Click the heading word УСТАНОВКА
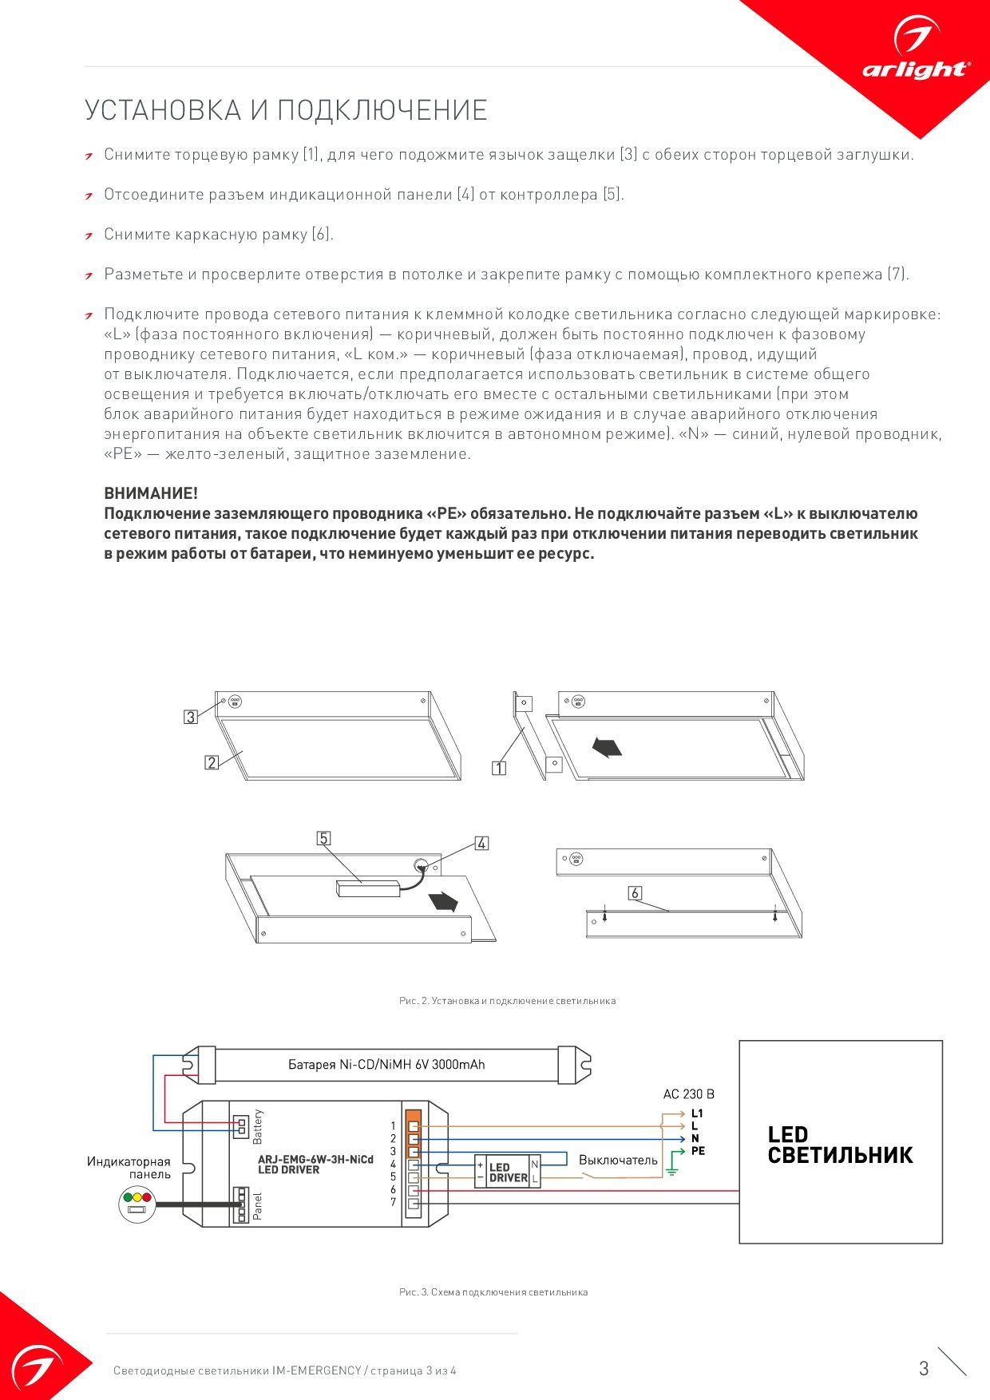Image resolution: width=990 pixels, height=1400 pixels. point(163,110)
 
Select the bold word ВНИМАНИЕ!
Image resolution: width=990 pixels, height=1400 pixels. point(151,493)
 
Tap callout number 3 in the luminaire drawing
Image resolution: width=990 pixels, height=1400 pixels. point(190,717)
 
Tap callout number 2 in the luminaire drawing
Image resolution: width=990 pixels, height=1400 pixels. point(212,762)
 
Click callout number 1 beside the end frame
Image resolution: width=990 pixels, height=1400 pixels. point(499,768)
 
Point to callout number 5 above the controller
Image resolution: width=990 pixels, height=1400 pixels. point(323,838)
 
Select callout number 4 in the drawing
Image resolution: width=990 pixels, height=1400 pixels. point(481,843)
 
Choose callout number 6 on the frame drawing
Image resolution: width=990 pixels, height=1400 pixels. point(635,893)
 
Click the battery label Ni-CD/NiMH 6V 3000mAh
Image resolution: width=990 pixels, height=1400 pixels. point(386,1065)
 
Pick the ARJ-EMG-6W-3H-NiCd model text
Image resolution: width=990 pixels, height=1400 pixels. point(315,1159)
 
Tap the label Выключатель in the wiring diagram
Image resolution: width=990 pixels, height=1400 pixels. point(618,1160)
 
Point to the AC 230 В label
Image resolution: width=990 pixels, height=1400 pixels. point(688,1094)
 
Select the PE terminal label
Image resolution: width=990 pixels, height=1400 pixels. point(698,1151)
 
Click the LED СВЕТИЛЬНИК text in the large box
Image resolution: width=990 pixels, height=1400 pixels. point(839,1145)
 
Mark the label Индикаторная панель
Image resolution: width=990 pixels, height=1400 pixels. point(129,1168)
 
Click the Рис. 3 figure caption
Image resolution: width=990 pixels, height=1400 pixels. point(493,1291)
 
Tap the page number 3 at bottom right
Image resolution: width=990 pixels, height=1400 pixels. point(924,1368)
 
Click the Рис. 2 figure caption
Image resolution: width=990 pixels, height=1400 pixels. point(507,1000)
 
